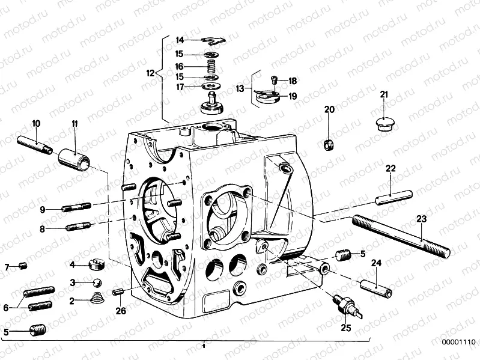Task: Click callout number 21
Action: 384,94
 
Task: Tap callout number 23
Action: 421,219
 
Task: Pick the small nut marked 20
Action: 329,144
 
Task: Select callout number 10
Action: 36,124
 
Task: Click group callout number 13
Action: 240,88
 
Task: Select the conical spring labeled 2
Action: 96,297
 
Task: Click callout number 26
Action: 121,311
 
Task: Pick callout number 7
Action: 7,267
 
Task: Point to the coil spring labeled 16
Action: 211,66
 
